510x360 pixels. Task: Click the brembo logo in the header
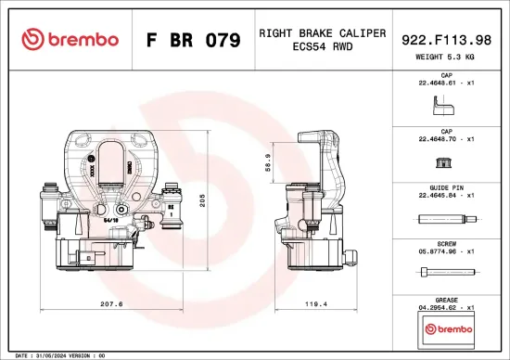coord(70,40)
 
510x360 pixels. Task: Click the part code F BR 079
coord(193,41)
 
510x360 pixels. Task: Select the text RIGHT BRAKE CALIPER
coord(322,32)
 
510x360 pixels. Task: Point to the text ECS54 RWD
coord(322,47)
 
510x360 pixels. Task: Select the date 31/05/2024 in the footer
coord(51,355)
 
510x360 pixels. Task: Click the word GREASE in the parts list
coord(447,299)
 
